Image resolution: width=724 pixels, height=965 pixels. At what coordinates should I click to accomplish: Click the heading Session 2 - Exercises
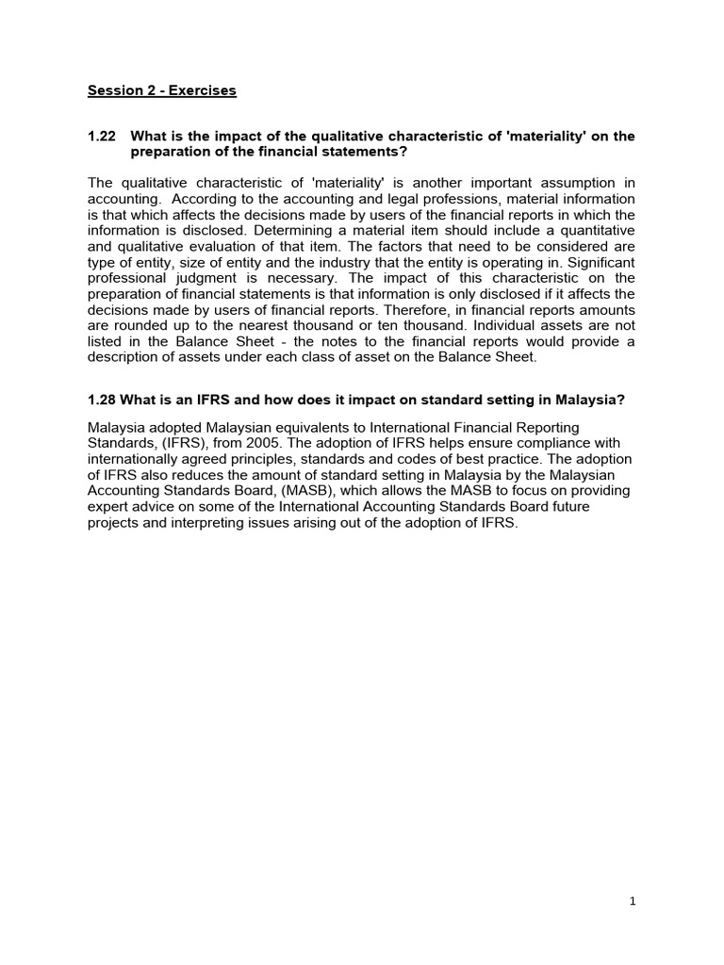pyautogui.click(x=161, y=91)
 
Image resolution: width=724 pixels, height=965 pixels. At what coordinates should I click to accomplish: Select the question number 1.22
pyautogui.click(x=101, y=137)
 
